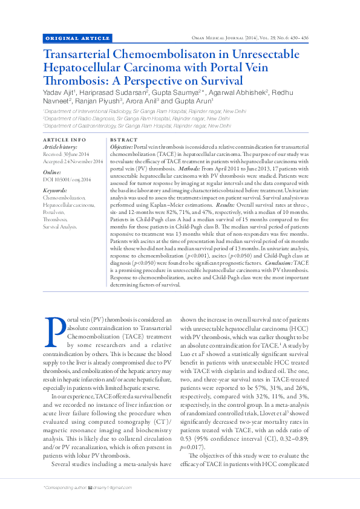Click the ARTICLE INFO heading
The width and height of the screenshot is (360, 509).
point(65,140)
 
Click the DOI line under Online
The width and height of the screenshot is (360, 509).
point(67,180)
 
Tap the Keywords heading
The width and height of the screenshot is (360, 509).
point(56,190)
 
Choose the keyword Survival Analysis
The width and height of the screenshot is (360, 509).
point(60,227)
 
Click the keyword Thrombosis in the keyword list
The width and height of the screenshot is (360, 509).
point(56,219)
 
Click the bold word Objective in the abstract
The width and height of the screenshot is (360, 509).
point(121,148)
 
